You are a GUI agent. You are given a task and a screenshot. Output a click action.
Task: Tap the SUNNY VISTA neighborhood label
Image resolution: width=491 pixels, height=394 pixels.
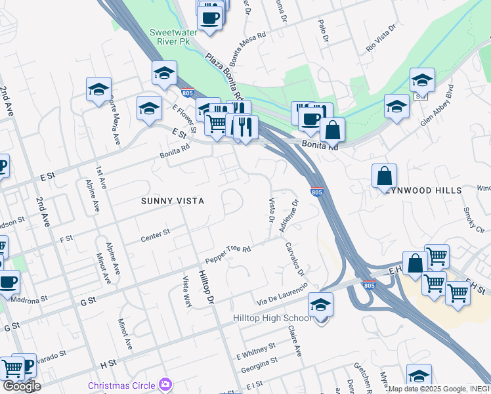173,201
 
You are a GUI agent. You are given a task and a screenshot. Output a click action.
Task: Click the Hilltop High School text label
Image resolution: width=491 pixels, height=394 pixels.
272,318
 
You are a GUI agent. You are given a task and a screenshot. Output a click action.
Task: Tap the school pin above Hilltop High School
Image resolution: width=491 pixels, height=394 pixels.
320,305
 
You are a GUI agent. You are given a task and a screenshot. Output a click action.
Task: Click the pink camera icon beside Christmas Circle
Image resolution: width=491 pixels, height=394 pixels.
165,385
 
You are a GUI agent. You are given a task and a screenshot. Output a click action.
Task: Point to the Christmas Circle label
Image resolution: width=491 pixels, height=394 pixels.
123,385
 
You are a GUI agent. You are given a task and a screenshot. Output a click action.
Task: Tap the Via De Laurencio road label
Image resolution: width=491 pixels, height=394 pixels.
282,294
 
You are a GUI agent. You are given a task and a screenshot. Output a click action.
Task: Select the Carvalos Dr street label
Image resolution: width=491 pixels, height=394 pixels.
295,259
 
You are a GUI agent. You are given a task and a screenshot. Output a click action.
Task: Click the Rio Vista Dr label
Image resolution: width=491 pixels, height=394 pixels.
382,39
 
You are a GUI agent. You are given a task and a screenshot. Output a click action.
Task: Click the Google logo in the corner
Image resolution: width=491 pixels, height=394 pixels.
22,386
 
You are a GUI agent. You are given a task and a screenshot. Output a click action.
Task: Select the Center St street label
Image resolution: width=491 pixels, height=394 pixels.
156,236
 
